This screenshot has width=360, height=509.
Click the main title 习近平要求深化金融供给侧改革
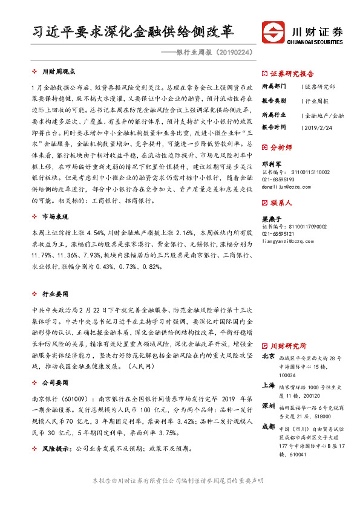coord(133,32)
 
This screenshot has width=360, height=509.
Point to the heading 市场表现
coord(55,216)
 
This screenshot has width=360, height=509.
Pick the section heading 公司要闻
coord(55,383)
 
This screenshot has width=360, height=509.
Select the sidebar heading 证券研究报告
coord(292,71)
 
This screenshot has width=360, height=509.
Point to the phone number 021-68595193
coord(280,180)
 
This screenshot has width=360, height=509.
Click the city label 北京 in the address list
coord(269,357)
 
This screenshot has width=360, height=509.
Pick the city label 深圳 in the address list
coord(269,405)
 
